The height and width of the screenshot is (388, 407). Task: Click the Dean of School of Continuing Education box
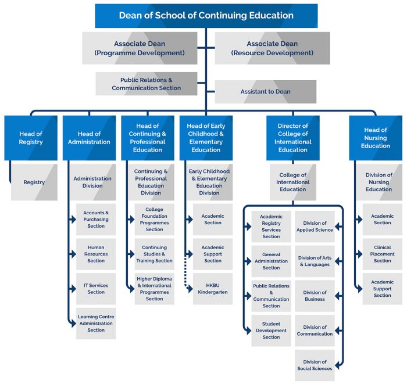coord(206,16)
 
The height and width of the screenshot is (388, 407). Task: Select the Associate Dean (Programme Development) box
coord(139,48)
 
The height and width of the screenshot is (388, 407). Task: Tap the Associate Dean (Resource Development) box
coord(272,48)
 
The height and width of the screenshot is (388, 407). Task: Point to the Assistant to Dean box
coord(265,92)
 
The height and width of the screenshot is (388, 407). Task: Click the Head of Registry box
coord(31,138)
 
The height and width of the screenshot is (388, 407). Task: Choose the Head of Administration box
coord(89,138)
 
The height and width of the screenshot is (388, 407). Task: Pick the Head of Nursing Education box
coord(375,138)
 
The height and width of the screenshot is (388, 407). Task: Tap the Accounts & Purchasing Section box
coord(96,220)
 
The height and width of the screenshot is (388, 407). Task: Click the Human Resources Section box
coord(96,254)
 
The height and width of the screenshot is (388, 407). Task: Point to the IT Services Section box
coord(96,289)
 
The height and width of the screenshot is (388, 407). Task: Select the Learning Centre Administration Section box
coord(96,323)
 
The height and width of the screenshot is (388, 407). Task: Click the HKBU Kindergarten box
coord(213,289)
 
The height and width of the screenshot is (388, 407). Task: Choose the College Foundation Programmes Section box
coord(154,220)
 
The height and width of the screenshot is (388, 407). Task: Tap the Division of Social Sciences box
coord(315,365)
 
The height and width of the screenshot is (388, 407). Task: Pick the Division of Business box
coord(315,296)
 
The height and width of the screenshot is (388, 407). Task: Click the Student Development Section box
coord(271,330)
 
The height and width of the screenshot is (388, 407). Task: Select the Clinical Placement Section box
coord(382,254)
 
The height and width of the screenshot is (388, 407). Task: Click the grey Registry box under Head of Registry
coord(34,182)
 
